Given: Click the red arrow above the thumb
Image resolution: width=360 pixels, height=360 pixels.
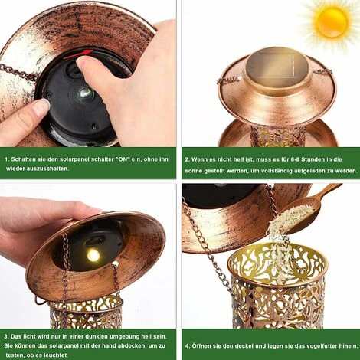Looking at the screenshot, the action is pyautogui.click(x=78, y=54).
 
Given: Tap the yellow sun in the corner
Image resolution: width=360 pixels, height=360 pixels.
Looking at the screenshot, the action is pyautogui.click(x=331, y=22).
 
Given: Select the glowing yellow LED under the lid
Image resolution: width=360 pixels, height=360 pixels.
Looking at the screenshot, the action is pyautogui.click(x=93, y=255).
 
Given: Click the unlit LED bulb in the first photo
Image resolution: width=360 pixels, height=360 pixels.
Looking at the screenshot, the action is pyautogui.click(x=85, y=93).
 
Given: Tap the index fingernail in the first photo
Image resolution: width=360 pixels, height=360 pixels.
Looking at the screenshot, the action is pyautogui.click(x=41, y=106).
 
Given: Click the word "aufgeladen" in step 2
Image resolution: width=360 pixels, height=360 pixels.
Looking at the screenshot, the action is pyautogui.click(x=309, y=171).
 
